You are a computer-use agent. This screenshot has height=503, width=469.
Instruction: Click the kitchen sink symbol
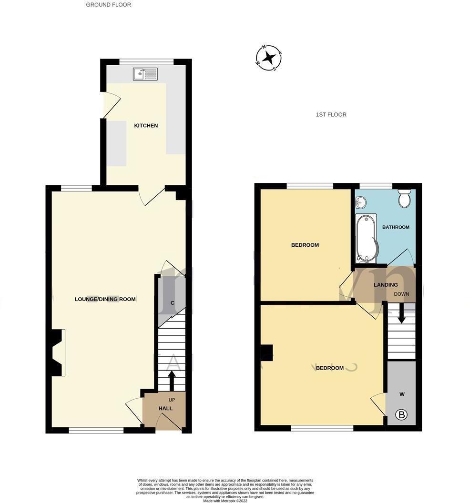[145, 74]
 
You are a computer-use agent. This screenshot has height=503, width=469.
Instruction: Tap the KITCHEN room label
[146, 126]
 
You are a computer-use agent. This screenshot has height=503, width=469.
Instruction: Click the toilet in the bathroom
[405, 199]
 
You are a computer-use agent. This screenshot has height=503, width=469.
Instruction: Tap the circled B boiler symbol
[402, 415]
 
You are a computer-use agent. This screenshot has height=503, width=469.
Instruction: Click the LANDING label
[386, 285]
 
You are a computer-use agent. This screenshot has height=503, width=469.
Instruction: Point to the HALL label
[165, 409]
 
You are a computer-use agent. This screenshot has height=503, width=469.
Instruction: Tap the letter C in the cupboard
[172, 303]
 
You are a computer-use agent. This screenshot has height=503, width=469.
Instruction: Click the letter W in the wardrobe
[402, 394]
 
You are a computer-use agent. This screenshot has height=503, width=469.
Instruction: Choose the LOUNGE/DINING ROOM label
[105, 299]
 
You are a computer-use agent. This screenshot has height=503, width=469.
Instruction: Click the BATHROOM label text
[396, 227]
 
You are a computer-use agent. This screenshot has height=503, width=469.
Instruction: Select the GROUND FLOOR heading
[108, 5]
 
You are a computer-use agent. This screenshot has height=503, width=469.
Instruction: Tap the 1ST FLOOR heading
[331, 115]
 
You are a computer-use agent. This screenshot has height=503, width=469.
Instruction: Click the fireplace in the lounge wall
[58, 352]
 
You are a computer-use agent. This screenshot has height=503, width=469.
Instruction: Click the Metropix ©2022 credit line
[225, 501]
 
